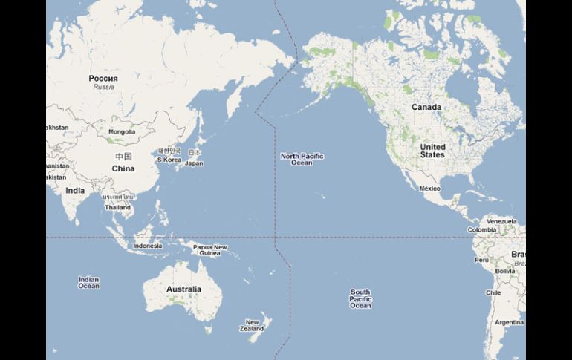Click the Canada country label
click(x=426, y=108)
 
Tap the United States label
click(x=432, y=151)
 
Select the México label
click(x=430, y=189)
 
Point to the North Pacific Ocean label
click(x=302, y=159)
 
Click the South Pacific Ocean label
click(x=360, y=298)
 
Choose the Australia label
click(x=183, y=289)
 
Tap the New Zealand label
click(x=253, y=326)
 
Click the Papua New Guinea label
click(x=210, y=250)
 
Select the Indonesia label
click(x=148, y=246)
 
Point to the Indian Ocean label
click(x=88, y=282)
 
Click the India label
click(x=74, y=191)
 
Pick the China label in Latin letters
click(x=123, y=168)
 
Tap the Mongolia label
click(x=122, y=132)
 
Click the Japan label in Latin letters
click(x=194, y=163)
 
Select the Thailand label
click(x=118, y=208)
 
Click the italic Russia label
click(x=104, y=87)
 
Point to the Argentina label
click(x=509, y=322)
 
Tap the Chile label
click(x=493, y=292)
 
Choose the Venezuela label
click(x=501, y=221)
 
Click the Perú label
click(x=481, y=260)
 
